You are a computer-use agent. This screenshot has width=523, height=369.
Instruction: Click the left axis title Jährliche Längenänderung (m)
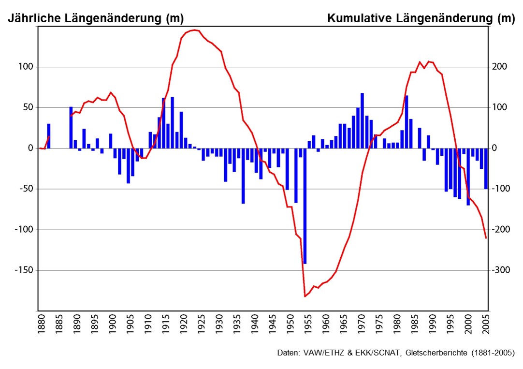tap(95, 19)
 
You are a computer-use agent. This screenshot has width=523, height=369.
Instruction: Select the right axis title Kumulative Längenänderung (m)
tap(421, 19)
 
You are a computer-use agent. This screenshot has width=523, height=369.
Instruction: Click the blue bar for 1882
tap(48, 136)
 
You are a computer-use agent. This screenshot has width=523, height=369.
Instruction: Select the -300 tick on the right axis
tap(500, 270)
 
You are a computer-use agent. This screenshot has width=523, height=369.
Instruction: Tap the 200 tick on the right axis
tap(499, 67)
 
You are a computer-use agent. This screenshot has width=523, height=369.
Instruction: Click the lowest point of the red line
tap(305, 296)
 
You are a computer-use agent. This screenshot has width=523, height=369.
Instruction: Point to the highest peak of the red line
tap(194, 30)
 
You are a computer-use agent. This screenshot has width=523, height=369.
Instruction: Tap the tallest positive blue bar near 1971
tap(362, 120)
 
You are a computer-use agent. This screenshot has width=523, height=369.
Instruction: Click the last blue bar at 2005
tap(486, 168)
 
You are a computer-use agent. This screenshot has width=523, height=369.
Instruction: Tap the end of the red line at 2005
tap(486, 238)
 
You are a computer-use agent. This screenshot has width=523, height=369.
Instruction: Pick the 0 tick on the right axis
tap(494, 148)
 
